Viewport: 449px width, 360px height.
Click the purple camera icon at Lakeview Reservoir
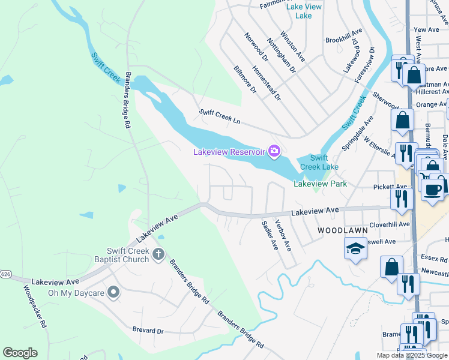pyautogui.click(x=275, y=151)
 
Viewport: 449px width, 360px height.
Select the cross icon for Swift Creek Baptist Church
pyautogui.click(x=158, y=254)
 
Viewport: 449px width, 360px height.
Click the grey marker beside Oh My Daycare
pyautogui.click(x=113, y=293)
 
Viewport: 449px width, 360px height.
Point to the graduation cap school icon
pyautogui.click(x=355, y=249)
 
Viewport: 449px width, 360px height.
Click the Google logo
pyautogui.click(x=20, y=353)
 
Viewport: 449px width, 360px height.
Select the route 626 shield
pyautogui.click(x=5, y=274)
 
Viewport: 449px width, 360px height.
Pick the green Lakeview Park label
pyautogui.click(x=320, y=184)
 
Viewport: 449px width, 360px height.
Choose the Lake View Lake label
pyautogui.click(x=304, y=11)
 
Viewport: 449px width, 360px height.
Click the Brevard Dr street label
pyautogui.click(x=148, y=331)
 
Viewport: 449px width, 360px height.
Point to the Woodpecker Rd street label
pyautogui.click(x=35, y=306)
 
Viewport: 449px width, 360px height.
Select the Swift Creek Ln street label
pyautogui.click(x=220, y=116)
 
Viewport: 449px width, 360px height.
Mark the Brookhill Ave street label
pyautogui.click(x=344, y=35)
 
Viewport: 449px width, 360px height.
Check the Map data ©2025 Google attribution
pyautogui.click(x=412, y=355)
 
